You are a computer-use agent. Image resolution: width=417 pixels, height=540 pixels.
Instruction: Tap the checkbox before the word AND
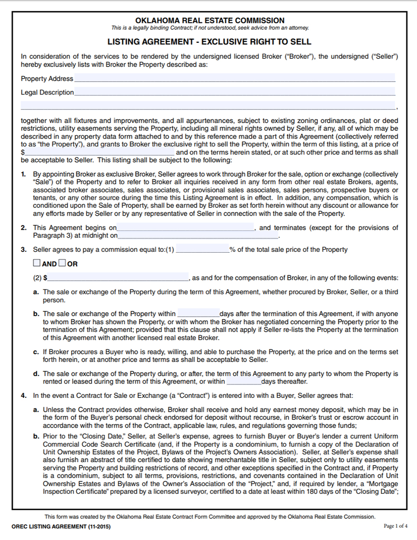[37, 263]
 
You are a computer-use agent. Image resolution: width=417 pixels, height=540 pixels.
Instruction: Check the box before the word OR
[62, 263]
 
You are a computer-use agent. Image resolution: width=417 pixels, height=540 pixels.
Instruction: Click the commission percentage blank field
[202, 249]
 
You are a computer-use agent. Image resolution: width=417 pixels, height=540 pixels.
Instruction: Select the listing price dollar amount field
[99, 152]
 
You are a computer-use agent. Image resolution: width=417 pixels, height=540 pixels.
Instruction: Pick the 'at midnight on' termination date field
[198, 235]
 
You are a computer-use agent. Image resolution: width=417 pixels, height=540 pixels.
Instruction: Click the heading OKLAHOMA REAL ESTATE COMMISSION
[210, 20]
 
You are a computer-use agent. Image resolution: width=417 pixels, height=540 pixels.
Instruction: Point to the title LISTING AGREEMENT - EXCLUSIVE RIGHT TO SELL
[209, 42]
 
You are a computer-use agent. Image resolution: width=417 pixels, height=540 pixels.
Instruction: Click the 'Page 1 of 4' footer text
[395, 526]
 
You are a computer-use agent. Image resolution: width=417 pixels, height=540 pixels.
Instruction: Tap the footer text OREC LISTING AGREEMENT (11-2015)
[61, 527]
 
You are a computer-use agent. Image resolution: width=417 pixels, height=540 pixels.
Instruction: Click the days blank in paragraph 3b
[198, 314]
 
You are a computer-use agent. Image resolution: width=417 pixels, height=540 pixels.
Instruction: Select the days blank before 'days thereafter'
[244, 381]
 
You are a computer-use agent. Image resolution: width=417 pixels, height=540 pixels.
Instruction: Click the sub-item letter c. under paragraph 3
[36, 352]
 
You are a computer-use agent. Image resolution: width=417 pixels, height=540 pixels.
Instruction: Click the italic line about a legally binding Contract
[210, 28]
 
